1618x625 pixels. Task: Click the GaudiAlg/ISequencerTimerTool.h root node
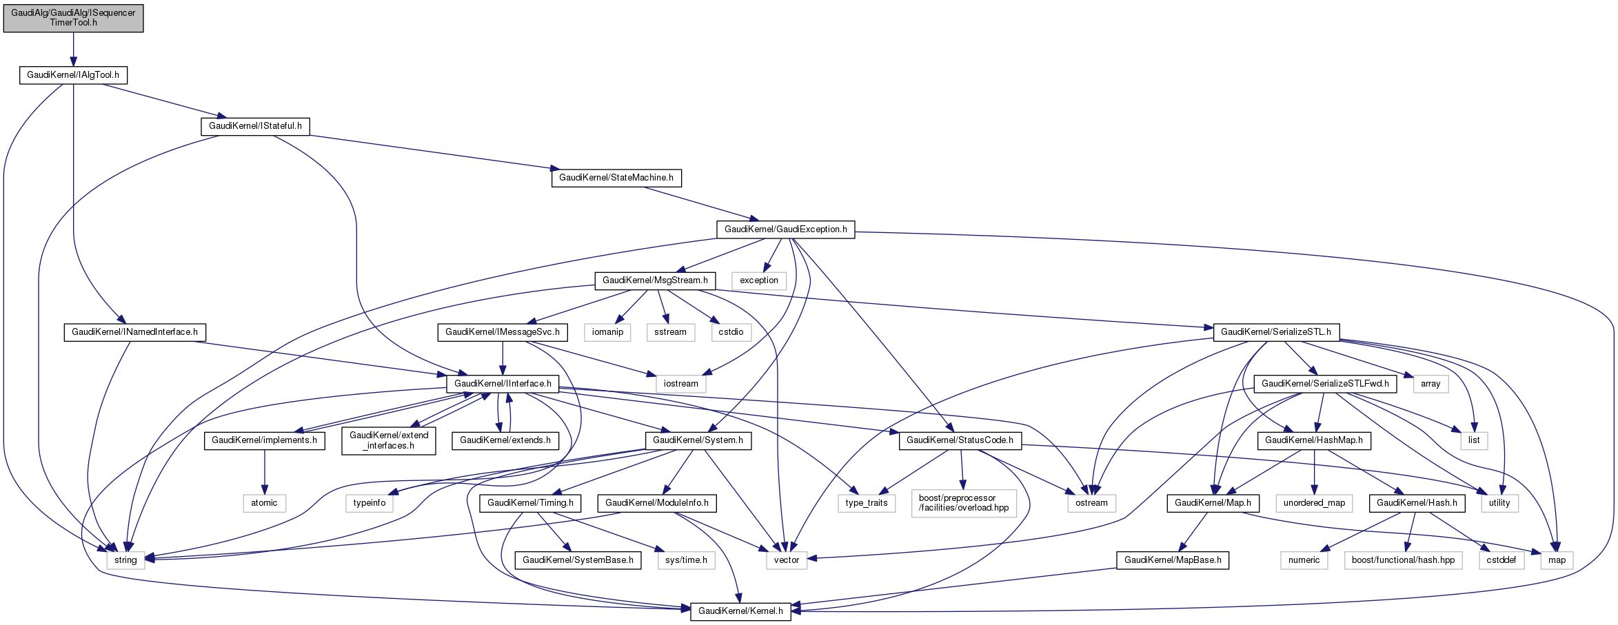(x=73, y=18)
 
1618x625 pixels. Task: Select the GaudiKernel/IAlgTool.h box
(x=73, y=75)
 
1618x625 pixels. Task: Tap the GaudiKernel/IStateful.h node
(x=255, y=126)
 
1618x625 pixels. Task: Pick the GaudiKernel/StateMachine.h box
(x=616, y=178)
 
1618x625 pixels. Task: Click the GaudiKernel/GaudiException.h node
(x=785, y=229)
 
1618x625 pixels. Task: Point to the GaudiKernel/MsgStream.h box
(x=655, y=280)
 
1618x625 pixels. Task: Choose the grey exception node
(x=759, y=280)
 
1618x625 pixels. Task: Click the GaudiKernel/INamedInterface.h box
(x=135, y=332)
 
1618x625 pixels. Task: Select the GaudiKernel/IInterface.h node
(x=503, y=384)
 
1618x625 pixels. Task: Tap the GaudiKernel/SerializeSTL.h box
(x=1276, y=332)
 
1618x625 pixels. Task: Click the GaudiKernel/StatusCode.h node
(x=960, y=440)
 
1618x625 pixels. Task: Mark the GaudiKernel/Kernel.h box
(x=740, y=611)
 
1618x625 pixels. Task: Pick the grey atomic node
(x=264, y=503)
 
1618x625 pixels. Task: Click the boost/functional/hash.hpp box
(x=1403, y=560)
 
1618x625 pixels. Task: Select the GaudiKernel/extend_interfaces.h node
(x=389, y=440)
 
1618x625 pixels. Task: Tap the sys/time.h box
(x=686, y=560)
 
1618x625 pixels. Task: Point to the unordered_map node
(x=1314, y=503)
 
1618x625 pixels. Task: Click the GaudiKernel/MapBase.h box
(x=1173, y=560)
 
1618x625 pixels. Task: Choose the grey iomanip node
(x=607, y=332)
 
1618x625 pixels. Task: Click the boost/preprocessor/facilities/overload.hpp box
(x=964, y=503)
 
